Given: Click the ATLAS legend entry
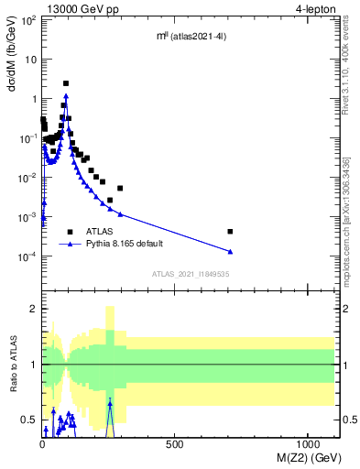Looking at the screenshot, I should (x=100, y=232).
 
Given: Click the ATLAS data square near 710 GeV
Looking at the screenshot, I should (x=230, y=232).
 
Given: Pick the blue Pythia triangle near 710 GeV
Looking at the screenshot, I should (x=230, y=251).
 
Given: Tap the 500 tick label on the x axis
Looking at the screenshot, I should (x=174, y=442).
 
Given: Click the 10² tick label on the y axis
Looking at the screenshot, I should (x=28, y=19).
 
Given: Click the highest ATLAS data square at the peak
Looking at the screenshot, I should (x=66, y=83).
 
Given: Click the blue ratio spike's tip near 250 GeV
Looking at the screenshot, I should (x=110, y=401).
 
